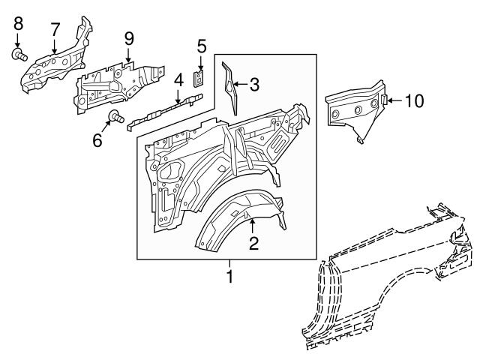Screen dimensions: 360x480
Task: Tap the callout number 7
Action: tap(55, 28)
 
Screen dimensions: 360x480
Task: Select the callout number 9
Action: tap(128, 37)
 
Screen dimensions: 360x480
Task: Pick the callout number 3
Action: tap(254, 85)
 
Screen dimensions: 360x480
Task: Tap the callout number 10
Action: tap(413, 100)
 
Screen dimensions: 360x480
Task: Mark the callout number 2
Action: tap(253, 242)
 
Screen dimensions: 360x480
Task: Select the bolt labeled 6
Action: tap(116, 115)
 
